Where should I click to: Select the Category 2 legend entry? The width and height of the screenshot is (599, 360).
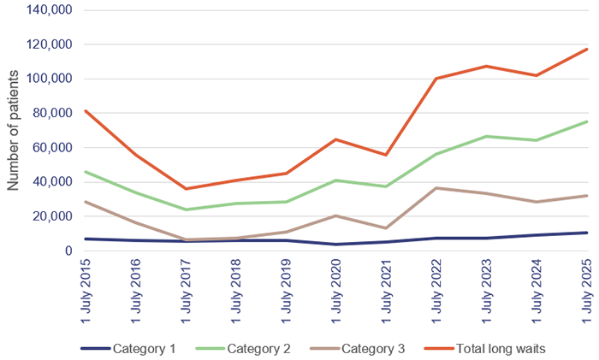coord(259,348)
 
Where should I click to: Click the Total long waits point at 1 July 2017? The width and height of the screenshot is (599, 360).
coord(187,189)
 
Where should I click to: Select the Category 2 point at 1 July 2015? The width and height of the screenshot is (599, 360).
coord(86,172)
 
